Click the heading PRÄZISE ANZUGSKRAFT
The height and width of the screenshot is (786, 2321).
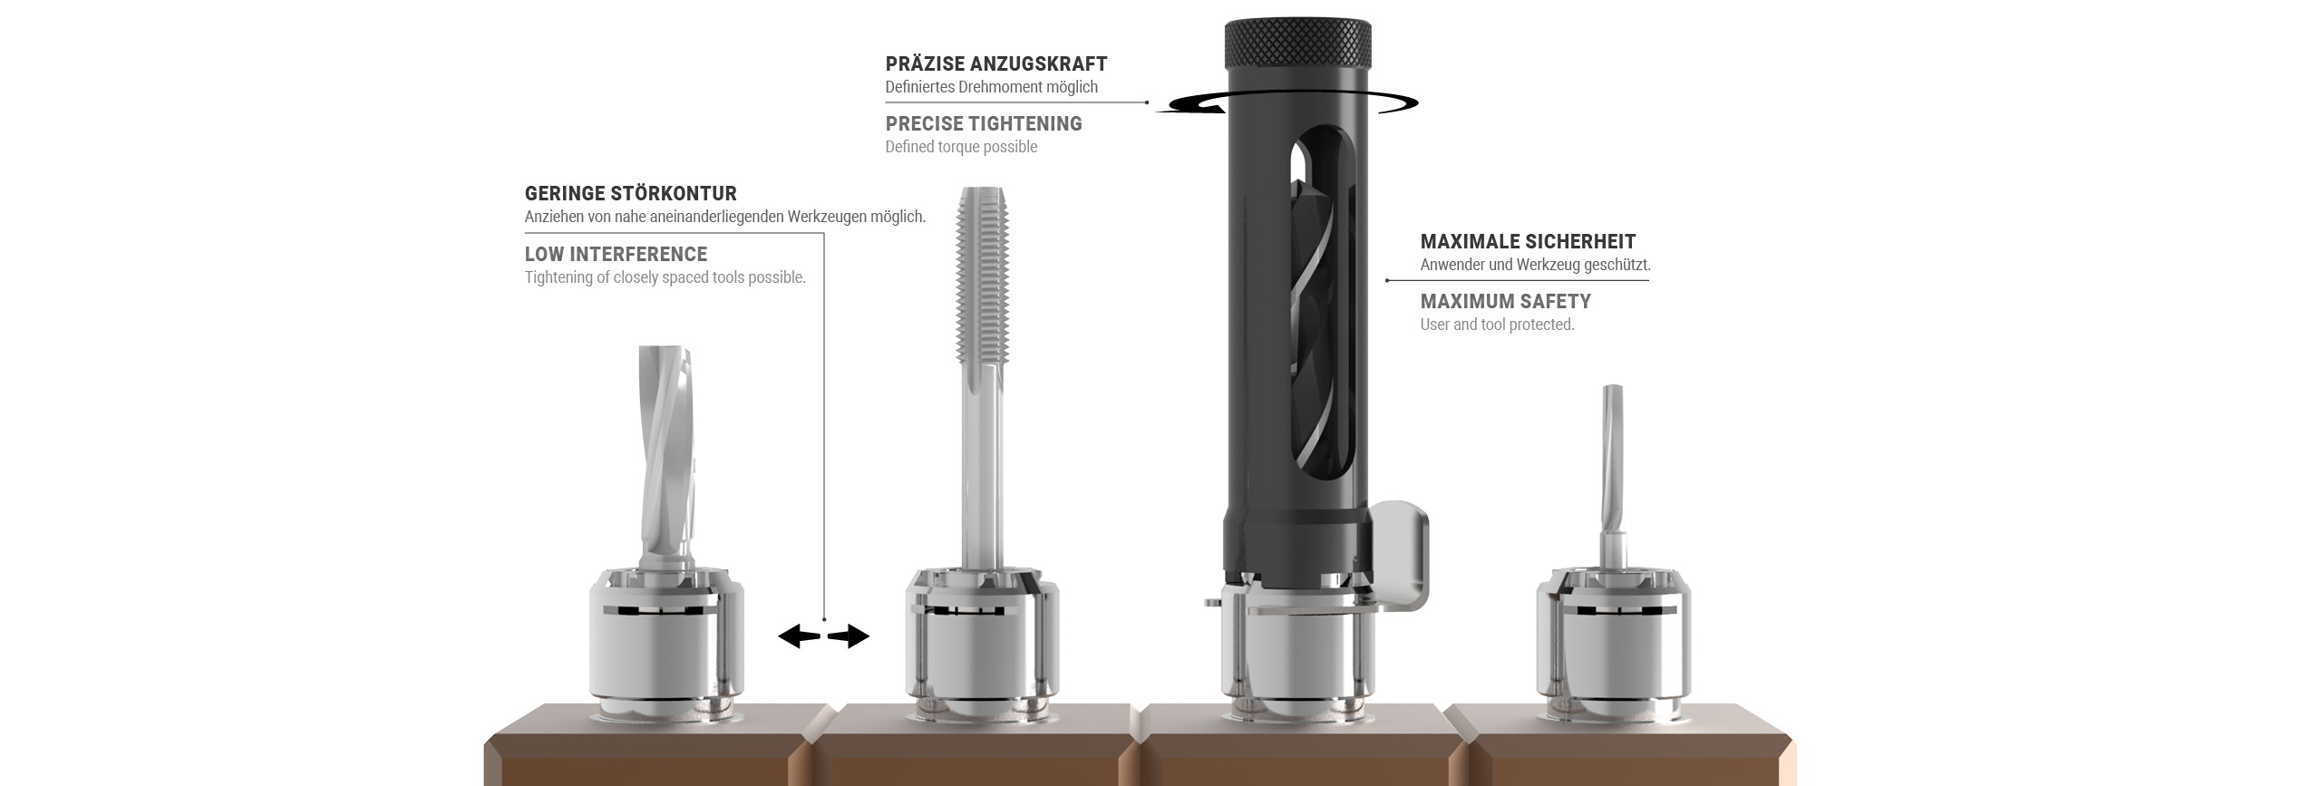point(996,63)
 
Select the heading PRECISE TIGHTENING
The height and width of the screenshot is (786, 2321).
point(984,123)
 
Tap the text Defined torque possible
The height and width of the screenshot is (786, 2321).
point(961,147)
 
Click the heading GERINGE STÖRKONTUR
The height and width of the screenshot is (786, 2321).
point(631,193)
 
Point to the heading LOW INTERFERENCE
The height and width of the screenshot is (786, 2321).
point(617,254)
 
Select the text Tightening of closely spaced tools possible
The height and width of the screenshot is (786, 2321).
point(665,277)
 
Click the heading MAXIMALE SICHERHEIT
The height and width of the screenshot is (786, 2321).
point(1529,241)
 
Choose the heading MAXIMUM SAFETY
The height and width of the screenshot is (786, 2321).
point(1506,301)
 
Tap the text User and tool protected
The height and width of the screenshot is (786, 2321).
point(1498,325)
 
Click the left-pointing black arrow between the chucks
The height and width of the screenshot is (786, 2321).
point(799,636)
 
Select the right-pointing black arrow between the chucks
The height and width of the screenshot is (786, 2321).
point(849,636)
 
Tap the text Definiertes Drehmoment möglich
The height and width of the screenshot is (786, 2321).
point(992,87)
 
